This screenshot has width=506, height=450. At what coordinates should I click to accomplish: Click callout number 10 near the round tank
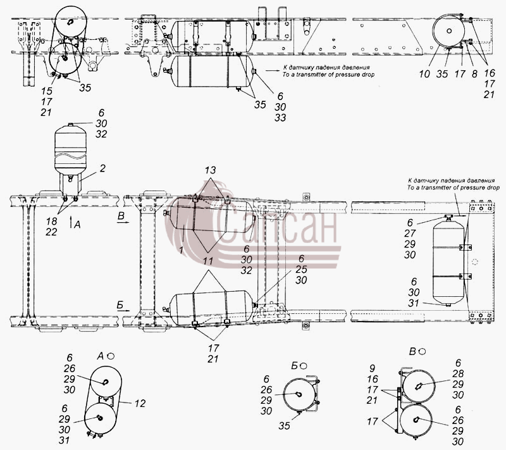point(424,74)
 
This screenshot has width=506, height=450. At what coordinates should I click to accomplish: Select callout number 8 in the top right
point(474,74)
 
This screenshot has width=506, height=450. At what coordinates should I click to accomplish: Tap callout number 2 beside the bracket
point(102,168)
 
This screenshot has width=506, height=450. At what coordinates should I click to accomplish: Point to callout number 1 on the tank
point(181,249)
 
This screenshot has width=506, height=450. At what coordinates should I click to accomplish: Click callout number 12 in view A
point(140,403)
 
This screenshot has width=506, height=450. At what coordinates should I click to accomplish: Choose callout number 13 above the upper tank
point(211,170)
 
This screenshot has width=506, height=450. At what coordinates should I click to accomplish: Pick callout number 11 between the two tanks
point(208,261)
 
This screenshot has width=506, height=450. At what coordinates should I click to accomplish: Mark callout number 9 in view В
point(373,368)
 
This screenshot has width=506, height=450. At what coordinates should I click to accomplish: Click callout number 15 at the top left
point(47,91)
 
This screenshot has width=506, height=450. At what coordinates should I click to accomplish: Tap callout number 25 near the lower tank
point(301,269)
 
